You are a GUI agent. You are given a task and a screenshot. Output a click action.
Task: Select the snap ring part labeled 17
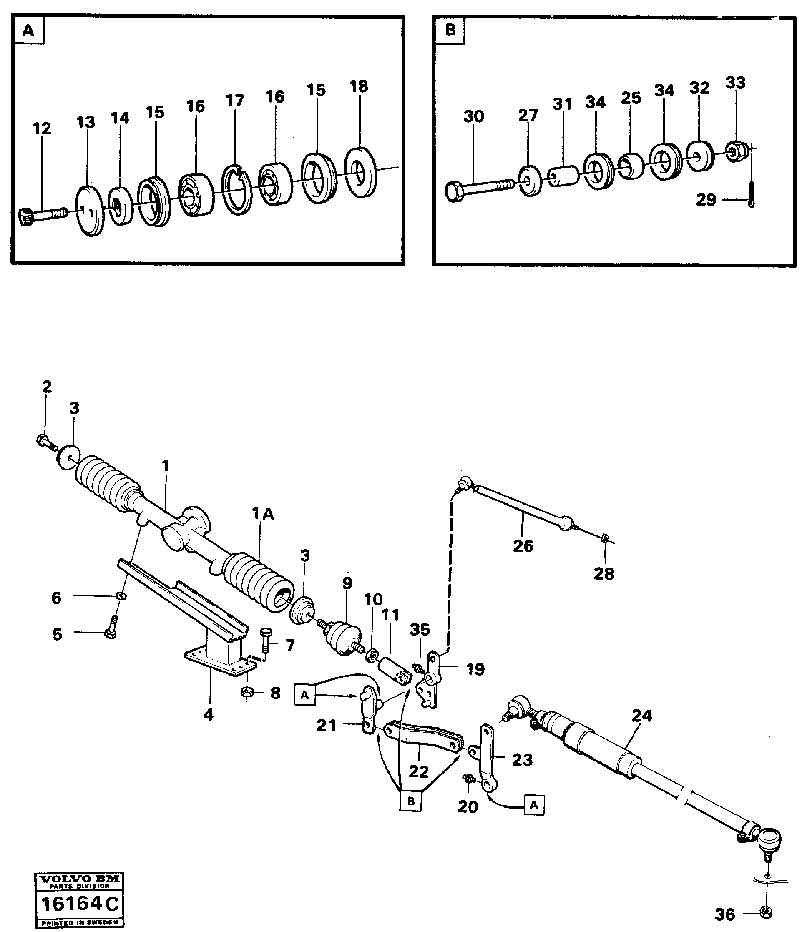tap(237, 189)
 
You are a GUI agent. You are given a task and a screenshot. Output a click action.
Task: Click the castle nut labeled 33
tap(736, 153)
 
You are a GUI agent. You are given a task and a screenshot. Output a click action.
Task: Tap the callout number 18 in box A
tap(359, 86)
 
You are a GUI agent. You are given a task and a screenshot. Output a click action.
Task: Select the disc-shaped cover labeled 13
tap(90, 211)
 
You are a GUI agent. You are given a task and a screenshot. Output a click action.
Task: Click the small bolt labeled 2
tap(44, 441)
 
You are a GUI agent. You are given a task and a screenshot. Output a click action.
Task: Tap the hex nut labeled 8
tap(247, 692)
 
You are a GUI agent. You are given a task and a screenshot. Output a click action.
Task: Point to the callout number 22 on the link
tap(418, 771)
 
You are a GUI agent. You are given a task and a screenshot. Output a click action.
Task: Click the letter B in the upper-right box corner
tap(450, 30)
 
